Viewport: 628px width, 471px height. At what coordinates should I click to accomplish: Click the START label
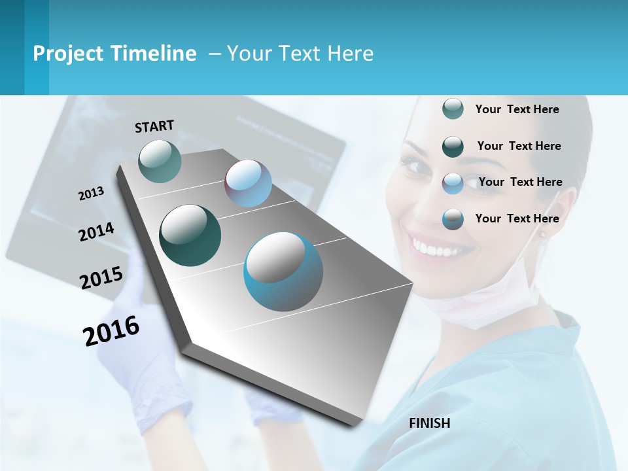154,126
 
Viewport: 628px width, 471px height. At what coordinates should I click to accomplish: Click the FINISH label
429,423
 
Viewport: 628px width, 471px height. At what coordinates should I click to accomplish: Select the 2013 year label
91,194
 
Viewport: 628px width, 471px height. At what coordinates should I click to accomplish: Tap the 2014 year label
96,232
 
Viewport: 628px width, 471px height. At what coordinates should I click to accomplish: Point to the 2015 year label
101,278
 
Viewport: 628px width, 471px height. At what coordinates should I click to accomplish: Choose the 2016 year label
111,331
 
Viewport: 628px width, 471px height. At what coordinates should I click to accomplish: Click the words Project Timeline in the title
114,54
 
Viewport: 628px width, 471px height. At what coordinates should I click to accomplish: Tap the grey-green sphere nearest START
160,161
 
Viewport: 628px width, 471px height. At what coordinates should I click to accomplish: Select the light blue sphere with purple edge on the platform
248,183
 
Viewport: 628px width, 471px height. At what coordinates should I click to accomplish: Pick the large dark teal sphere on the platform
190,235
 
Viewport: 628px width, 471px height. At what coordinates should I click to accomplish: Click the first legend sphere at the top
453,109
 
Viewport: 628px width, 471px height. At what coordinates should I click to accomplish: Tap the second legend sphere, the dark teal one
453,146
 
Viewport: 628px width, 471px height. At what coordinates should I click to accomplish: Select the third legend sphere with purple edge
453,183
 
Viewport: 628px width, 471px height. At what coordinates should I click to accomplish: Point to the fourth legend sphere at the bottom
453,219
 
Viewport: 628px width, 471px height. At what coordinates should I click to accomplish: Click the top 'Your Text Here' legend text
517,109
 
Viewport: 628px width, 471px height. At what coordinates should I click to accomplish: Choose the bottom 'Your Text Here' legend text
517,218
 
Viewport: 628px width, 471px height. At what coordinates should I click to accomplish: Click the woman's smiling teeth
436,249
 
